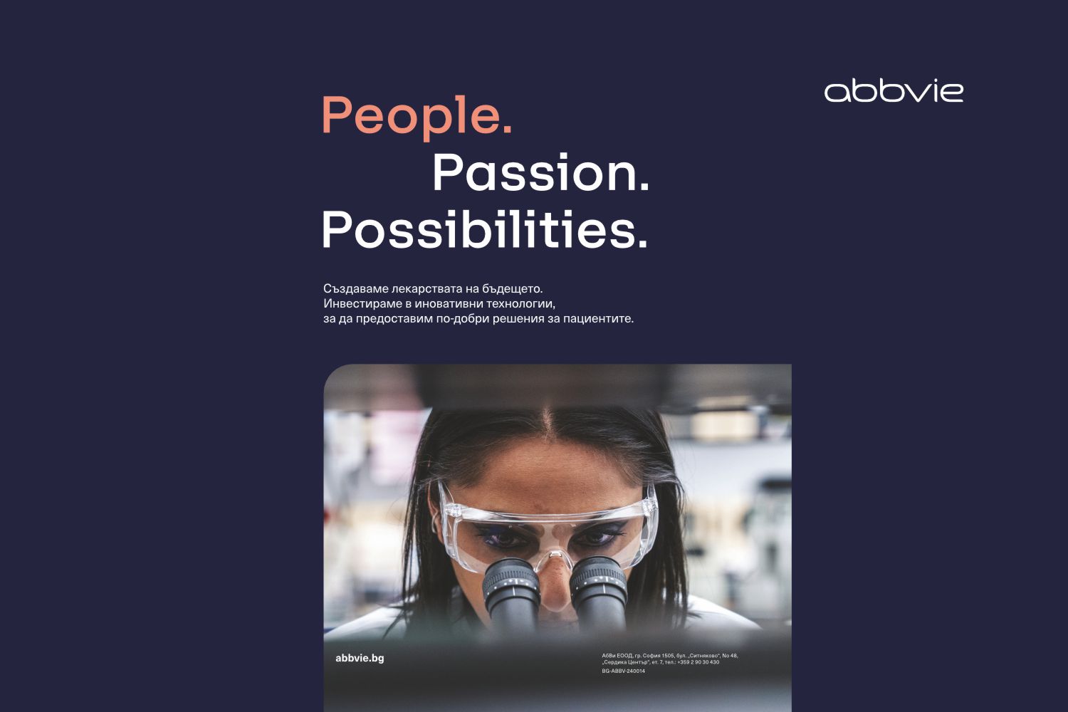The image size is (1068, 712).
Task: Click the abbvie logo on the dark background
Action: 894,91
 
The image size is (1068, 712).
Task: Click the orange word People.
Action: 409,115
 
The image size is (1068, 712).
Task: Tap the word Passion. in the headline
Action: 540,173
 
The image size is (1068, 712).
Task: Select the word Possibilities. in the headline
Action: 484,230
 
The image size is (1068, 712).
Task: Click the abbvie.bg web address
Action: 360,658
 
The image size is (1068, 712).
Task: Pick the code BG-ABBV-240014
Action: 624,671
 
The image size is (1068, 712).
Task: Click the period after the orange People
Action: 507,129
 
